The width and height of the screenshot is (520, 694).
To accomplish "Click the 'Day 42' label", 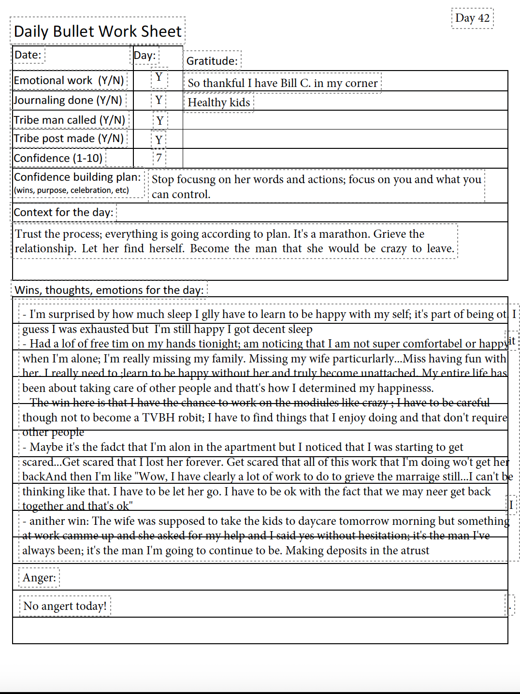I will pos(472,18).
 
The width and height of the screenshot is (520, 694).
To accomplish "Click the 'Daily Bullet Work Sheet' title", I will pos(98,31).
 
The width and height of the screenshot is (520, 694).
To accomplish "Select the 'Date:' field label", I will pos(28,55).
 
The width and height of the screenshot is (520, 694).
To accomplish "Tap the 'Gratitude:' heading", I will pos(212,61).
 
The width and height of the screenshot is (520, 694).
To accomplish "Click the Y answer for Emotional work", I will pos(159,77).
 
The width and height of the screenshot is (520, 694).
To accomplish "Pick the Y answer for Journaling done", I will pos(159,100).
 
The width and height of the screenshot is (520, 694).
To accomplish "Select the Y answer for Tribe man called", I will pos(160,120).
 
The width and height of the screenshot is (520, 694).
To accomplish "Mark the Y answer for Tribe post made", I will pos(159,140).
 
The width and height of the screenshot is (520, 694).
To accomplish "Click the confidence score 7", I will pos(159,158).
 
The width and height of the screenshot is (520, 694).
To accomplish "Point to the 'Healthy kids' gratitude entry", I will pos(219,102).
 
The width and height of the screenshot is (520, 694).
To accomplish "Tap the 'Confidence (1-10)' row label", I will pos(58,158).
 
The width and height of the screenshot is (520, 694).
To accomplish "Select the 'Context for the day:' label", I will pos(63,212).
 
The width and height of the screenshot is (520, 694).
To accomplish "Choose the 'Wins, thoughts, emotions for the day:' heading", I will pos(109,290).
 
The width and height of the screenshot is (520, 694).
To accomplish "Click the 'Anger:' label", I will pos(39,578).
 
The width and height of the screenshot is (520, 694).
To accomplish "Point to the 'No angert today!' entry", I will pos(65,606).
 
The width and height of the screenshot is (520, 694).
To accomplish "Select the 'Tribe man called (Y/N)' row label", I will pos(70,120).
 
